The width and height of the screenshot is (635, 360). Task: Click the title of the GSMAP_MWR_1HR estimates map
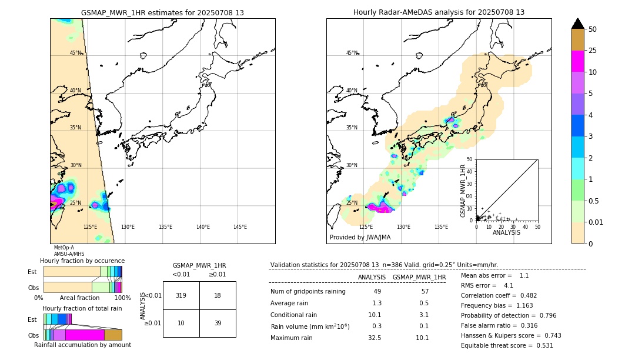pos(162,12)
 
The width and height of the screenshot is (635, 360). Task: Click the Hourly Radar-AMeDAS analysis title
pos(439,12)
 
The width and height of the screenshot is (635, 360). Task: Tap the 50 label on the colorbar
pos(593,29)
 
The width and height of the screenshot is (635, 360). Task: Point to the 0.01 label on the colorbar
pos(596,222)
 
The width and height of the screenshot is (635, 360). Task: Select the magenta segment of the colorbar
pos(577,61)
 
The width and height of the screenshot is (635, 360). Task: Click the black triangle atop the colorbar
pos(577,24)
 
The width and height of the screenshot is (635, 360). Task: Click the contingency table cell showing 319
pos(181,295)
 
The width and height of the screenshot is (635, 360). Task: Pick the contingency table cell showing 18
pos(218,295)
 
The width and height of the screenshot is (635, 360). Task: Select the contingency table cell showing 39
pos(218,323)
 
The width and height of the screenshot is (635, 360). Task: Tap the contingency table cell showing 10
pos(181,323)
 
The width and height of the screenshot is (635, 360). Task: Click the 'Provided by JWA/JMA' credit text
pos(360,238)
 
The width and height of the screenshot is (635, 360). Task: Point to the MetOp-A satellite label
pos(64,248)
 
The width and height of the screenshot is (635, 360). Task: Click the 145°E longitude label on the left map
pos(240,227)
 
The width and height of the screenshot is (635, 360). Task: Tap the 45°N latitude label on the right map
pos(352,53)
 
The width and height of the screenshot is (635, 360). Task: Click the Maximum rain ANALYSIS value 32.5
pos(374,338)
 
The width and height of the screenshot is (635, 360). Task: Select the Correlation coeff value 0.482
pos(524,295)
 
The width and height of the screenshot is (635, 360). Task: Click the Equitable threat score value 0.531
pos(541,345)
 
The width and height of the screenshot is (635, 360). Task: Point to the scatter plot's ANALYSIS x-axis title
pos(506,232)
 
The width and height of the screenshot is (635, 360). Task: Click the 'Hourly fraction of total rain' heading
pos(82,308)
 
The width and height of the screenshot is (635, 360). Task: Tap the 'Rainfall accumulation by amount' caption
pos(82,345)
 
